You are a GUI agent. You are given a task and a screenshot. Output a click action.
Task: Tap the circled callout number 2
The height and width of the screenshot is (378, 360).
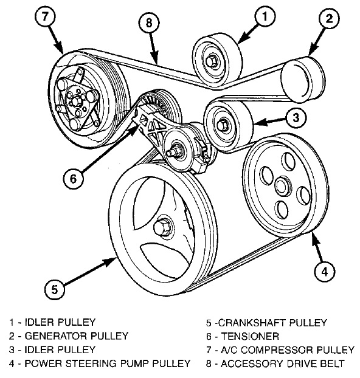point(329,21)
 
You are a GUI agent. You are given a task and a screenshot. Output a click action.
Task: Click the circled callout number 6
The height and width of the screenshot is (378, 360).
point(74,179)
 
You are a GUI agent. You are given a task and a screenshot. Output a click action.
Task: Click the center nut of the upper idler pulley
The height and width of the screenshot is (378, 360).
point(212,60)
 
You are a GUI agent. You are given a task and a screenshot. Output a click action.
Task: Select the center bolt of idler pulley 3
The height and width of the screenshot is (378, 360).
point(224,125)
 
